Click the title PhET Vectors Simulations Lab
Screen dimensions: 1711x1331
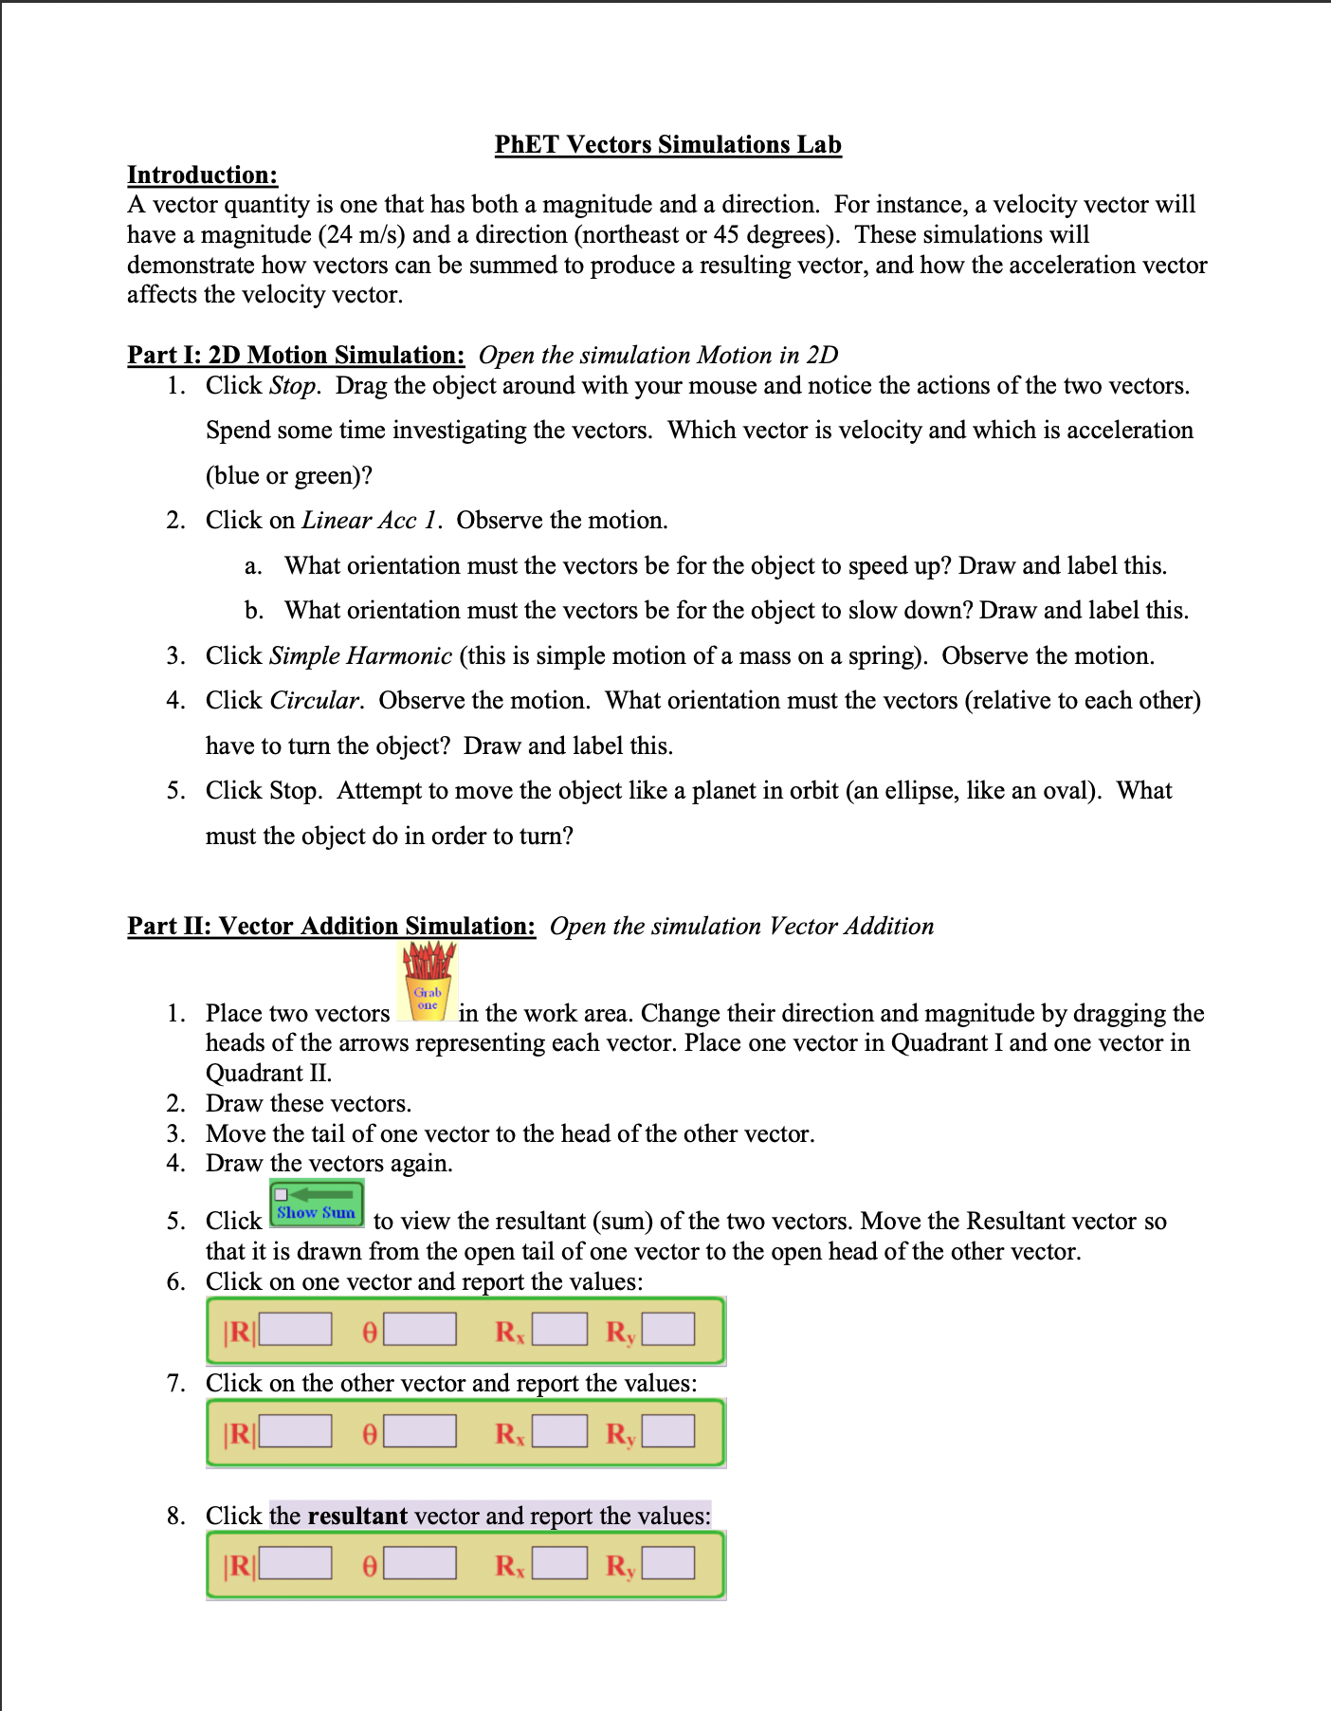[x=667, y=144]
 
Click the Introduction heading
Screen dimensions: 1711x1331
[x=202, y=175]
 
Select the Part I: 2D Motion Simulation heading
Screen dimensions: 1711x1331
[x=296, y=355]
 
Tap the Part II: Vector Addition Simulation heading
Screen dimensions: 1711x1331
[x=331, y=926]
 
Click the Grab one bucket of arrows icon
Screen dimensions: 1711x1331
[x=428, y=983]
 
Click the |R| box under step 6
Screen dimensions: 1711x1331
[x=296, y=1330]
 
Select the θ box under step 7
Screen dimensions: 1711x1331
[x=420, y=1431]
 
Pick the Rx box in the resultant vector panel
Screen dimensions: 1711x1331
[x=559, y=1563]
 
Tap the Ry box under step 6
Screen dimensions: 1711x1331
[x=668, y=1330]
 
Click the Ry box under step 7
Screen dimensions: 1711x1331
[x=668, y=1431]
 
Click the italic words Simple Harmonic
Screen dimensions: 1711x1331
[x=360, y=656]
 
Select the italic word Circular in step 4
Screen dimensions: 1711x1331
[x=315, y=701]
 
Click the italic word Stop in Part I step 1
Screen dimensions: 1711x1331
[x=293, y=386]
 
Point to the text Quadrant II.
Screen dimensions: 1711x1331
[x=267, y=1074]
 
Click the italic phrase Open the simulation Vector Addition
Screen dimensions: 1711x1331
[x=741, y=926]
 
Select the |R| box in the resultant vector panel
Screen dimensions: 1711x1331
[x=296, y=1563]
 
